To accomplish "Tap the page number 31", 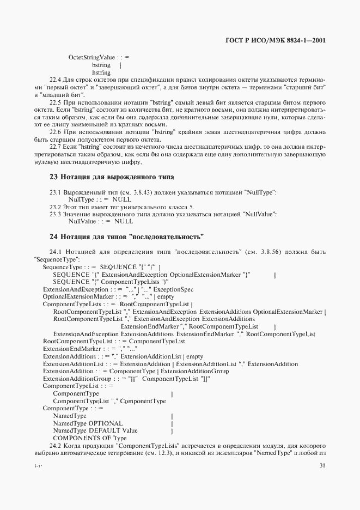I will [322, 465].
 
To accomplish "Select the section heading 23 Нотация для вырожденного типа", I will [112, 177].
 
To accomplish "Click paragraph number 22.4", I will [57, 80].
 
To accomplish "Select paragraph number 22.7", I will [57, 147].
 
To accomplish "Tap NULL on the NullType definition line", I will [123, 201].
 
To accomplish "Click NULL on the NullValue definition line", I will [123, 222].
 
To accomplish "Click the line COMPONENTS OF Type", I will [89, 438].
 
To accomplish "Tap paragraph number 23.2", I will [56, 208].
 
